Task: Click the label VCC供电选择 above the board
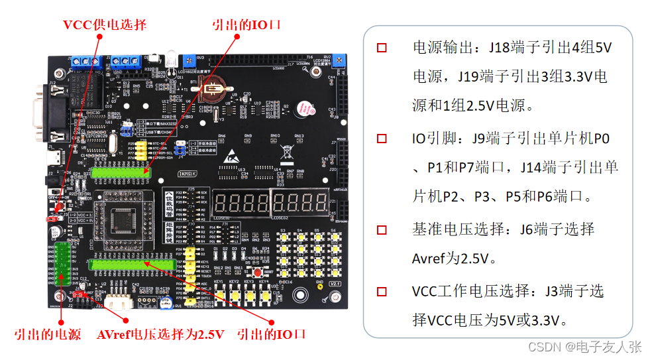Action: coord(104,25)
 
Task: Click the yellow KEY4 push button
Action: coord(264,296)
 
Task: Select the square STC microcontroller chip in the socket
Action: coord(123,219)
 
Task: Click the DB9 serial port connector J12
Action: coord(38,114)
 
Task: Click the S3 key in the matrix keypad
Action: coord(283,239)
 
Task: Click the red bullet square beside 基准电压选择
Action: coord(382,229)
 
